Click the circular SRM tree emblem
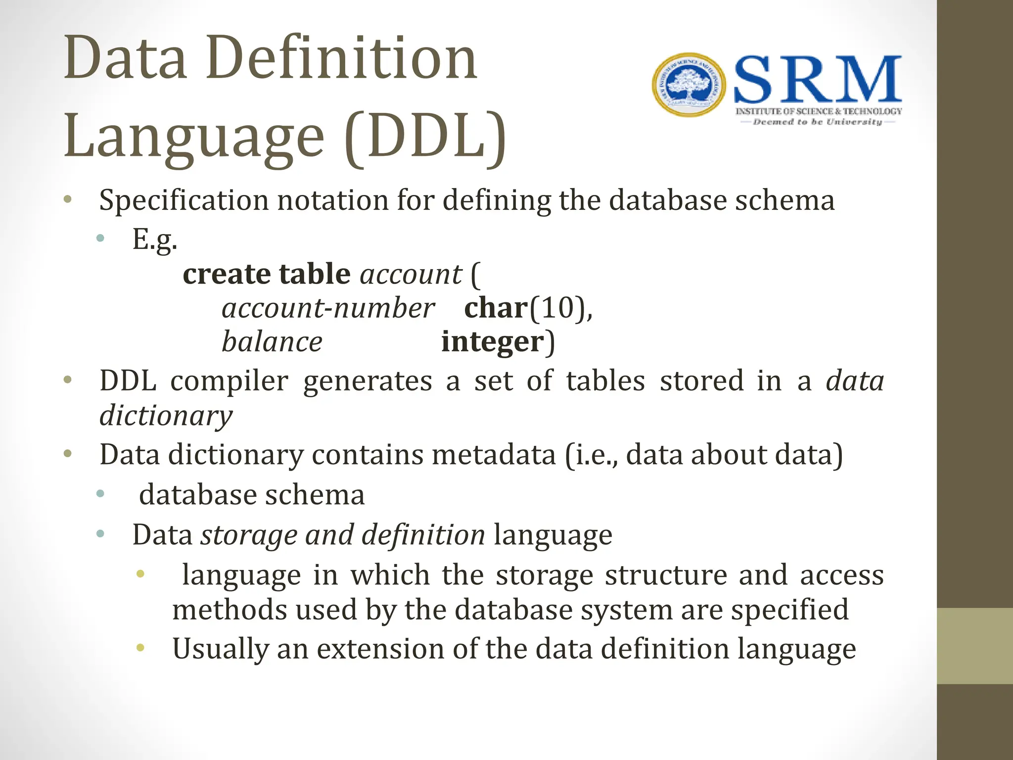[689, 85]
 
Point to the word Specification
[184, 200]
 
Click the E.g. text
[154, 239]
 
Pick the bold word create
[227, 274]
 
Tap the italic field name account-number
[328, 308]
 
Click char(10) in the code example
[527, 308]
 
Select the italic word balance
[272, 342]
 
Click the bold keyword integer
[492, 342]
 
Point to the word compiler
[230, 381]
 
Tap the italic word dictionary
[166, 415]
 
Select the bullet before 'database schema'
[100, 493]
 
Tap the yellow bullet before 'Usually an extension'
[140, 648]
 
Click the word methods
[229, 609]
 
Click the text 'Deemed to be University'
[817, 122]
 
